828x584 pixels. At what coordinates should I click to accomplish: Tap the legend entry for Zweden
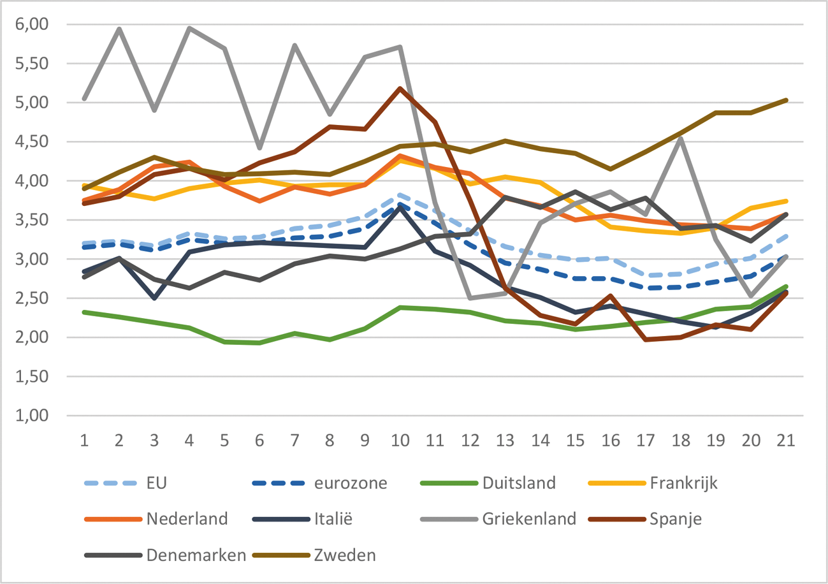pyautogui.click(x=344, y=555)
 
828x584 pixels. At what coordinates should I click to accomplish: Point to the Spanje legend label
pyautogui.click(x=677, y=518)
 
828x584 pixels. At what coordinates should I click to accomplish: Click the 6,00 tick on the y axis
pyautogui.click(x=32, y=24)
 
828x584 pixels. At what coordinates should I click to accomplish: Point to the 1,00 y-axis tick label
pyautogui.click(x=32, y=416)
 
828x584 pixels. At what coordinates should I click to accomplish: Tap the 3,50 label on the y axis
pyautogui.click(x=32, y=220)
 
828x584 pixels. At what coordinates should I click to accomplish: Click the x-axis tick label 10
pyautogui.click(x=400, y=441)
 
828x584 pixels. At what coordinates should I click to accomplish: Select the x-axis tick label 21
pyautogui.click(x=786, y=441)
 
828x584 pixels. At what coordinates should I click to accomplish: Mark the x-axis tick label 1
pyautogui.click(x=84, y=441)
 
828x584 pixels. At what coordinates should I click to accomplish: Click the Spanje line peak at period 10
pyautogui.click(x=400, y=88)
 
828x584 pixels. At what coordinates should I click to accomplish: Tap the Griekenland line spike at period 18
pyautogui.click(x=681, y=139)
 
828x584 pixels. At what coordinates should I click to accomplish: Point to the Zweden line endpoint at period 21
pyautogui.click(x=786, y=100)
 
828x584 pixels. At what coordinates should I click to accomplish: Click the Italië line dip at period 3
pyautogui.click(x=154, y=298)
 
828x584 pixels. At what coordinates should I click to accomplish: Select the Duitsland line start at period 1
pyautogui.click(x=84, y=312)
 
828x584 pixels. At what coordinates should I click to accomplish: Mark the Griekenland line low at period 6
pyautogui.click(x=259, y=148)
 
